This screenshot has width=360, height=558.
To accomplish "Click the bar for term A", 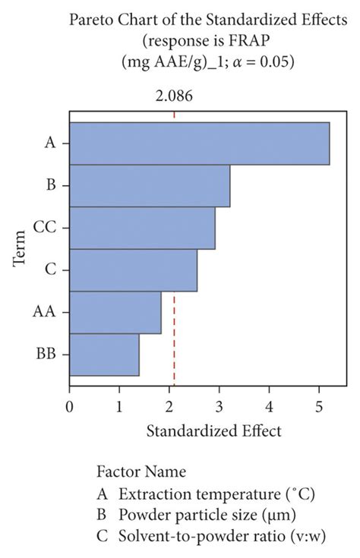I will [199, 143].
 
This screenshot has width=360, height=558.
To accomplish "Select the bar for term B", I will [150, 185].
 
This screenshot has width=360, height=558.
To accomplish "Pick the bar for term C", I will [133, 270].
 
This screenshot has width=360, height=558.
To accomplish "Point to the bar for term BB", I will [104, 355].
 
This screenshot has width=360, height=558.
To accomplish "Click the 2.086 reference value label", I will [175, 96].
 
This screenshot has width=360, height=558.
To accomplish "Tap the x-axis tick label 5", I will [319, 405].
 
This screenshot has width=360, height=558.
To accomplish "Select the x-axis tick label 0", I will [70, 405].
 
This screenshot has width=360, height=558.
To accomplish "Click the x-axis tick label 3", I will [219, 405].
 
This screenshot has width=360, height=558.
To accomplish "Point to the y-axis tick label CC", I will [43, 228].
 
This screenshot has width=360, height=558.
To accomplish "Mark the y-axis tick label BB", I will [45, 355].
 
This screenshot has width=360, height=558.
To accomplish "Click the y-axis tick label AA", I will [44, 312].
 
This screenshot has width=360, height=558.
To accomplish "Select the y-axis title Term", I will [21, 249].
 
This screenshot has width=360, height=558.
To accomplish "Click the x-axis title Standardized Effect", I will [213, 431].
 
